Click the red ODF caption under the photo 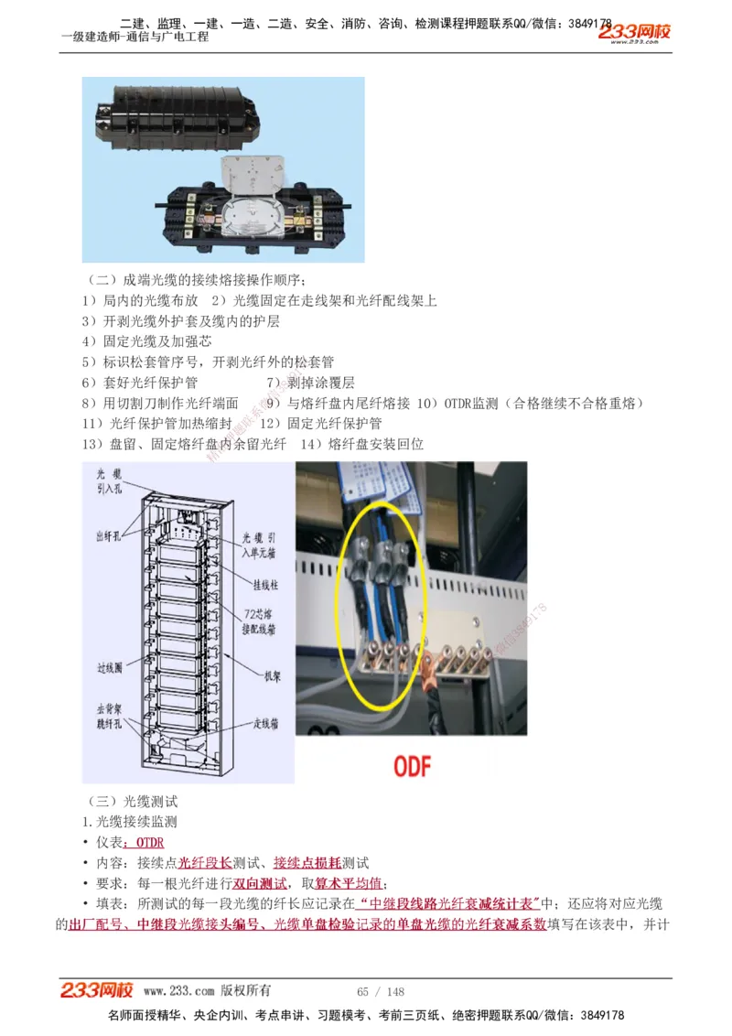point(412,765)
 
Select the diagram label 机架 point(274,676)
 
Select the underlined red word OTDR point(149,842)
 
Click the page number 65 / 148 point(380,992)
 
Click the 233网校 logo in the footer point(97,990)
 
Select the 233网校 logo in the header point(634,33)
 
